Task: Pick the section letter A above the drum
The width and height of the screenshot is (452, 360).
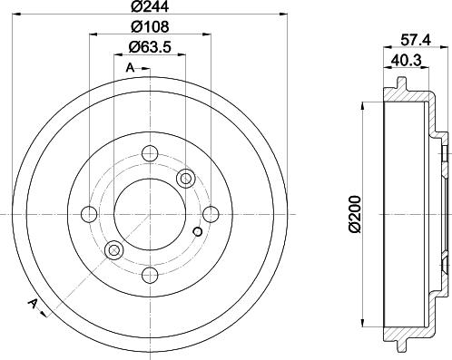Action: (x=130, y=67)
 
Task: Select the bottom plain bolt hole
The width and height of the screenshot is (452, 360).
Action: (x=150, y=275)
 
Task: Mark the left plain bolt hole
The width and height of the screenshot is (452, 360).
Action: (x=89, y=214)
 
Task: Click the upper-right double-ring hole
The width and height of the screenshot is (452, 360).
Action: (x=187, y=178)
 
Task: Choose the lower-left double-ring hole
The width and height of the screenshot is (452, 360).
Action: (x=113, y=251)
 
